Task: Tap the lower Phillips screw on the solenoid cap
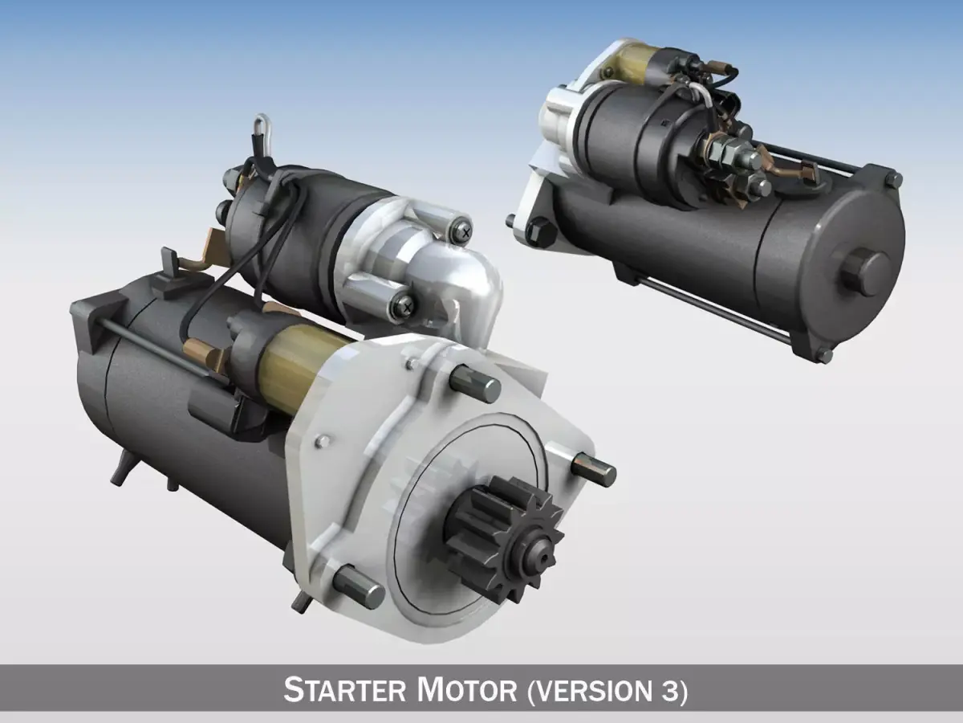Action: click(x=405, y=304)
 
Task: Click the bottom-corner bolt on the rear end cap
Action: click(x=823, y=353)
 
